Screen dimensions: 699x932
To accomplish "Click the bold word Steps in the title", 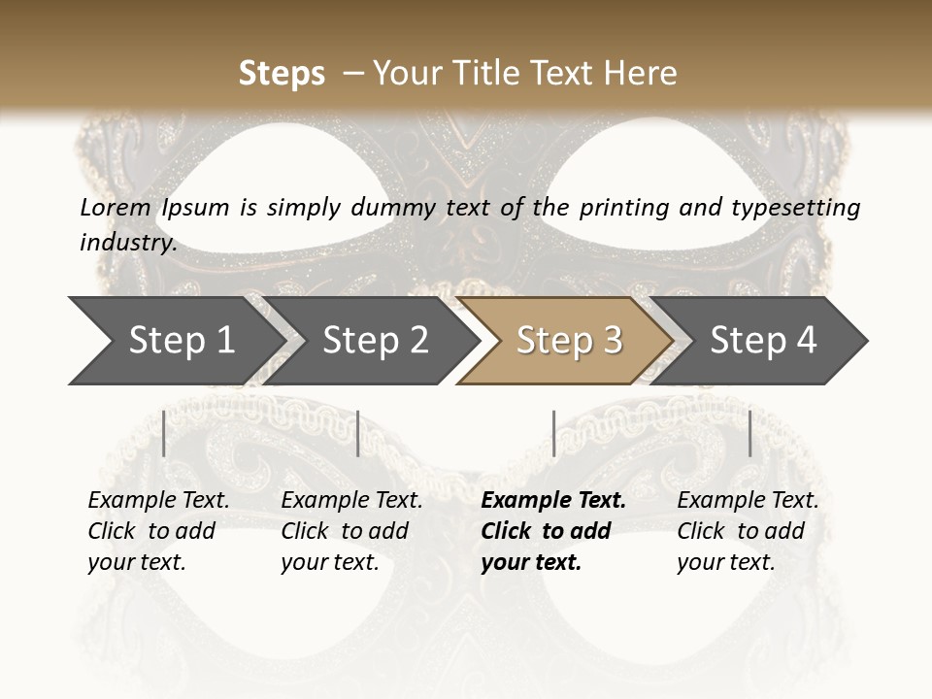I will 282,74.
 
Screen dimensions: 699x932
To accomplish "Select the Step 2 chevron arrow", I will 375,341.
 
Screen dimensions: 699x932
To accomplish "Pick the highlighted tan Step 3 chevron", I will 569,341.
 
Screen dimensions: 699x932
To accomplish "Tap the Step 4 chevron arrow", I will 763,341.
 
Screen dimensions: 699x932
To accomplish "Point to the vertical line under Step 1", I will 164,433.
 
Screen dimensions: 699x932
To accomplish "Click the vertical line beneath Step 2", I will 358,433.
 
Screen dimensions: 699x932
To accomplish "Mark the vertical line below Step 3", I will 553,433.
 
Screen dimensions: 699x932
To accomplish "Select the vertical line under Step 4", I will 750,433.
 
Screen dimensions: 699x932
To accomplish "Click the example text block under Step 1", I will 158,531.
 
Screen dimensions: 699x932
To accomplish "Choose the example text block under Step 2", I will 351,531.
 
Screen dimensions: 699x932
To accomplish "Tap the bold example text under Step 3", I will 553,531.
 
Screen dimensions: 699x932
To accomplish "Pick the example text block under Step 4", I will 748,531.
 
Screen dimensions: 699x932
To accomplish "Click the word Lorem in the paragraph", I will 116,207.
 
